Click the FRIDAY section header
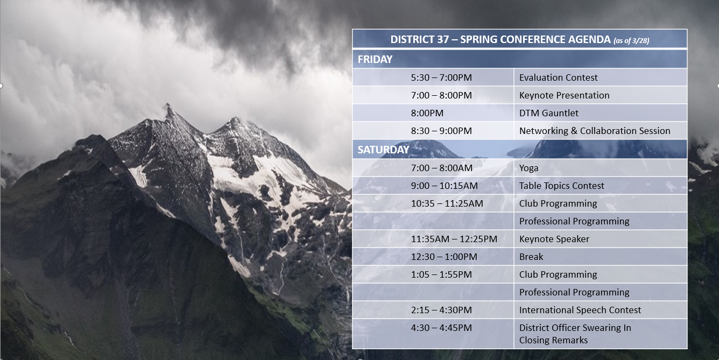[x=375, y=59]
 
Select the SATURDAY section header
[x=383, y=150]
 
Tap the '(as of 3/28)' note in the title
[x=631, y=41]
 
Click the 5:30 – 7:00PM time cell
[x=441, y=77]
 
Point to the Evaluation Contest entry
[x=558, y=77]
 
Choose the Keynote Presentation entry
[x=565, y=95]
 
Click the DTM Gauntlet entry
[x=548, y=113]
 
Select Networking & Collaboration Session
[x=595, y=131]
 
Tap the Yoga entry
[x=528, y=168]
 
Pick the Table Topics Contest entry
[x=561, y=186]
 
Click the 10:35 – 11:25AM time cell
[x=447, y=203]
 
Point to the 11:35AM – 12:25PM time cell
[x=454, y=239]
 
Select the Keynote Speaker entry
[x=554, y=239]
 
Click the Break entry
[x=531, y=257]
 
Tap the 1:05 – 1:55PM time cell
[x=441, y=274]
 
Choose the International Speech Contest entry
[x=580, y=310]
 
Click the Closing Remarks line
[x=553, y=340]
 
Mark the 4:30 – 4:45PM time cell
[x=441, y=328]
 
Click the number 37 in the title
[x=442, y=39]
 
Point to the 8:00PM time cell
[x=427, y=113]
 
